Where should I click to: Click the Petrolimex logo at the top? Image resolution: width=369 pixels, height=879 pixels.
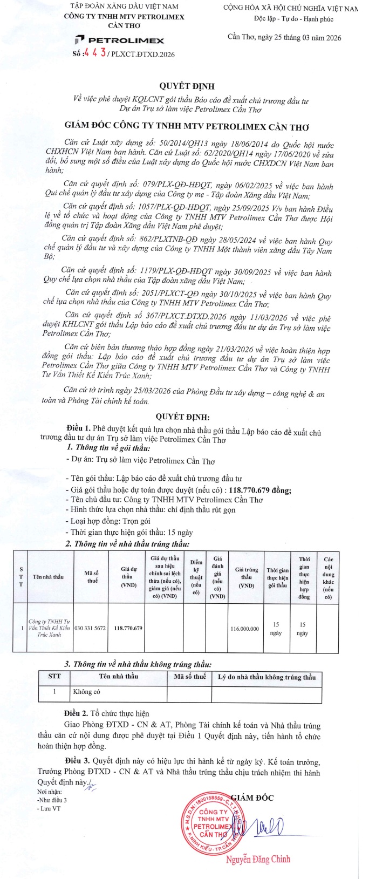tap(119, 40)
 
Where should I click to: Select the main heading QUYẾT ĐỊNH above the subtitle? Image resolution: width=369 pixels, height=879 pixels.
tap(187, 86)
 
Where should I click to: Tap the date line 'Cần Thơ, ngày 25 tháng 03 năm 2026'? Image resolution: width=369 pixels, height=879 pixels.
tap(284, 37)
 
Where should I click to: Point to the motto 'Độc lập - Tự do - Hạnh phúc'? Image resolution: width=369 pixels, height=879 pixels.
tap(293, 19)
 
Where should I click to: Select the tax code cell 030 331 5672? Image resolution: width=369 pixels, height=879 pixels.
tap(90, 628)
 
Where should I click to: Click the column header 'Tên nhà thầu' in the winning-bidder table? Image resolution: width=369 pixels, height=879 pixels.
tap(48, 577)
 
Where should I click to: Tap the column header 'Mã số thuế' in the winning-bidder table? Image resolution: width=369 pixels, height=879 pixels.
tap(91, 577)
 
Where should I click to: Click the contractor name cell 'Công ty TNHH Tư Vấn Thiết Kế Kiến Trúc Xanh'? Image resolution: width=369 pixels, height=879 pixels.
tap(49, 628)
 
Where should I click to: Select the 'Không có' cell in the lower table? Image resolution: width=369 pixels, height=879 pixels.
tap(86, 692)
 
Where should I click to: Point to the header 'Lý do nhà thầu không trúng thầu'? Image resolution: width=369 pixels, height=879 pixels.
tap(266, 677)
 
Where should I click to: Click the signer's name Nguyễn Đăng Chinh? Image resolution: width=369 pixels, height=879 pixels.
tap(258, 860)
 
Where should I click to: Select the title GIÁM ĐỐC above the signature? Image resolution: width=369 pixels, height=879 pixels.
tap(252, 798)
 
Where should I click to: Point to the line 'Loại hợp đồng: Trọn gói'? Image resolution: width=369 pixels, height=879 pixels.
tap(111, 521)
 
